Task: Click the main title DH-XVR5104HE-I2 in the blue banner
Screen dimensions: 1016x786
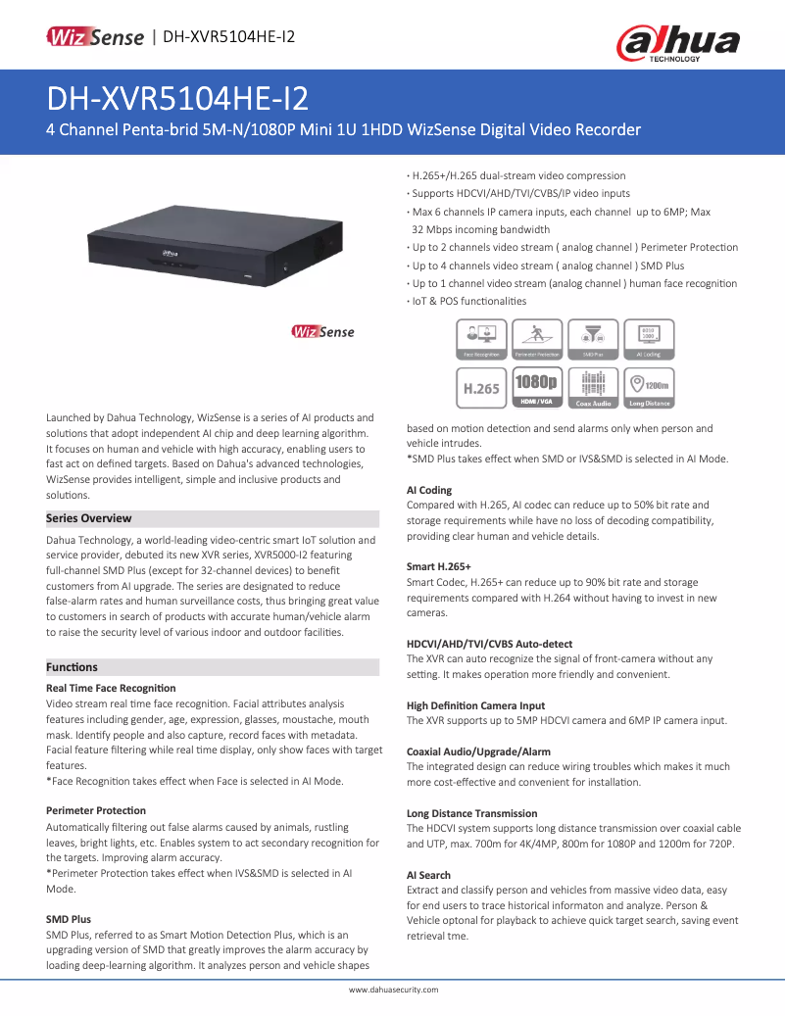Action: click(177, 98)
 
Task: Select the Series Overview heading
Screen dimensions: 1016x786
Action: click(89, 518)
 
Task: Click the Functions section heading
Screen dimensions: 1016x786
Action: click(73, 667)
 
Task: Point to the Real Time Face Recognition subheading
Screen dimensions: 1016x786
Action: click(111, 688)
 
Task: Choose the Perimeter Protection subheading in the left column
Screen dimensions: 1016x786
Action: click(96, 810)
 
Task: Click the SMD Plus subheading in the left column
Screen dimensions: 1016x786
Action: click(69, 920)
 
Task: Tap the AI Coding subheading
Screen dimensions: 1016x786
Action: click(429, 490)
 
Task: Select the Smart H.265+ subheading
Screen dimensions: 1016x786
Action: click(439, 566)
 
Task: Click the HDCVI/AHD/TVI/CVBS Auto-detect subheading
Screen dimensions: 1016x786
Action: click(489, 644)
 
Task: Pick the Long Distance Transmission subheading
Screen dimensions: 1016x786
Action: click(471, 813)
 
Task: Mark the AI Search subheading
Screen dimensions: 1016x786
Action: click(428, 875)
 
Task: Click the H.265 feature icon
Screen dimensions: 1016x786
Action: click(481, 388)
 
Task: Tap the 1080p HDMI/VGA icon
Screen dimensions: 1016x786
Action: click(536, 388)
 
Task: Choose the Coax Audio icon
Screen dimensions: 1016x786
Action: click(593, 388)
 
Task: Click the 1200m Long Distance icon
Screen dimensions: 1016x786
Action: click(650, 388)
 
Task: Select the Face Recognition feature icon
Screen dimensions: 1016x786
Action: click(481, 339)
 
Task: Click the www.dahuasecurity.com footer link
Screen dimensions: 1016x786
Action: click(393, 991)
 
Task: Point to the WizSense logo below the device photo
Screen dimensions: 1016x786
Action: click(322, 332)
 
